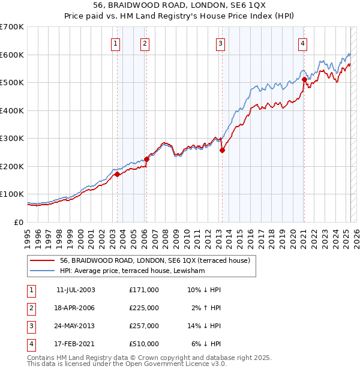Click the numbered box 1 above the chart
point(115,43)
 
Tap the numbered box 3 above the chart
point(221,43)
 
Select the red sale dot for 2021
point(304,79)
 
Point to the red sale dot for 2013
point(222,151)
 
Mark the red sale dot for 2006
point(146,159)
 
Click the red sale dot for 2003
point(118,174)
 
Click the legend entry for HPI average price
point(133,271)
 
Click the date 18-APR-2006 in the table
point(76,308)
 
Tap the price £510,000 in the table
point(144,344)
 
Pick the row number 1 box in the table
point(31,290)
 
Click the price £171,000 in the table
point(144,290)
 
